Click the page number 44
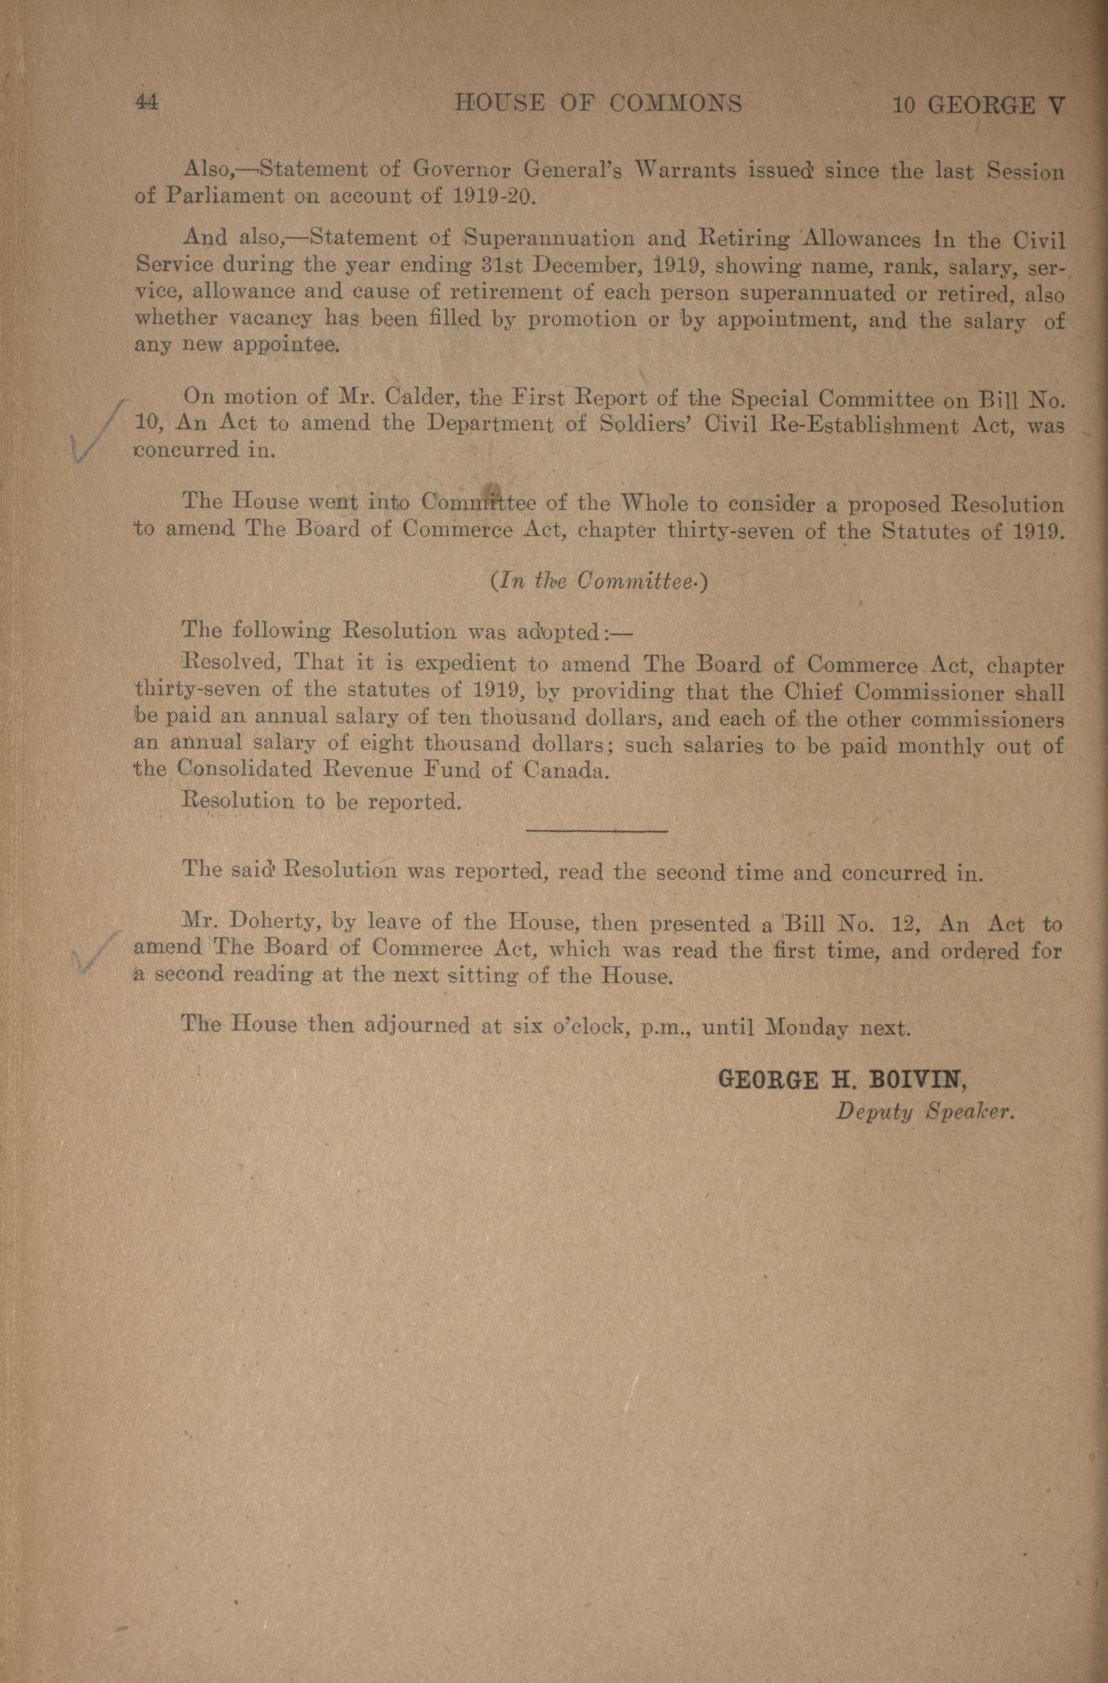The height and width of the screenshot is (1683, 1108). [147, 103]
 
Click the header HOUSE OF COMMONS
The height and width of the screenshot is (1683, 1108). [598, 104]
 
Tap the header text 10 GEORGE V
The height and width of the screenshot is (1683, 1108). [978, 105]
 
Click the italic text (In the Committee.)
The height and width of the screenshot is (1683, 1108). [598, 581]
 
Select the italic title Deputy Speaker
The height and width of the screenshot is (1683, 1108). [926, 1112]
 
